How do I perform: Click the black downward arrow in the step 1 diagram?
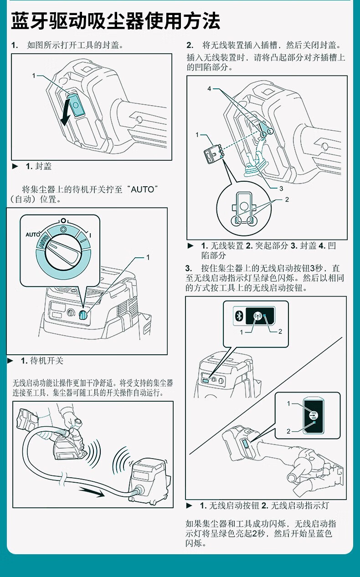tap(65, 113)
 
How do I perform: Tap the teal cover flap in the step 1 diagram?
tap(76, 105)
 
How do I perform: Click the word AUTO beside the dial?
tap(33, 235)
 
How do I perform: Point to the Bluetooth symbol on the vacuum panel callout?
tap(239, 316)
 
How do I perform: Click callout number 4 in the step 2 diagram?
tap(209, 89)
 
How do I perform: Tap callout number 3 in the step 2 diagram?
tap(281, 189)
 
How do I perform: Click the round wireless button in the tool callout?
tap(314, 415)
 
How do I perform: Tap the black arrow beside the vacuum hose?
tap(92, 492)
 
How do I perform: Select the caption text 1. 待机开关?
tap(42, 361)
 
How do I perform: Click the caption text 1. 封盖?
tap(39, 166)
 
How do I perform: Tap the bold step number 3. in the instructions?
tap(189, 268)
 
